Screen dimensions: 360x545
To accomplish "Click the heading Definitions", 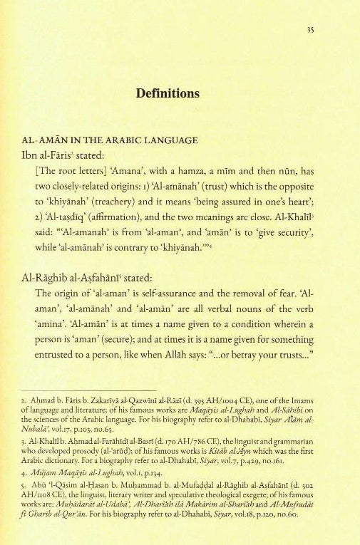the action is coord(180,94).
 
